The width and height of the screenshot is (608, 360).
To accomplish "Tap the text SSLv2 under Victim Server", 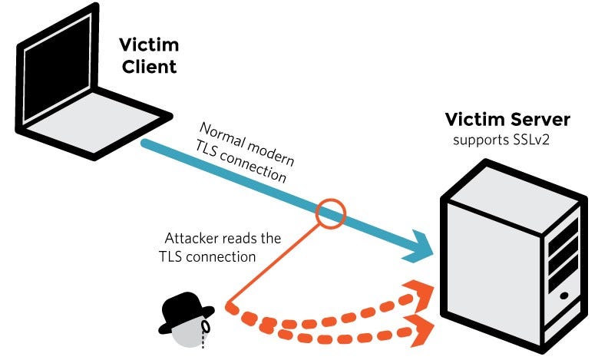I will click(x=530, y=140).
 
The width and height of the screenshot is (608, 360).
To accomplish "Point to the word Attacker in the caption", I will click(x=192, y=239).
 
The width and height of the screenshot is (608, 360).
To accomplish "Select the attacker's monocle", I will click(x=205, y=329).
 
